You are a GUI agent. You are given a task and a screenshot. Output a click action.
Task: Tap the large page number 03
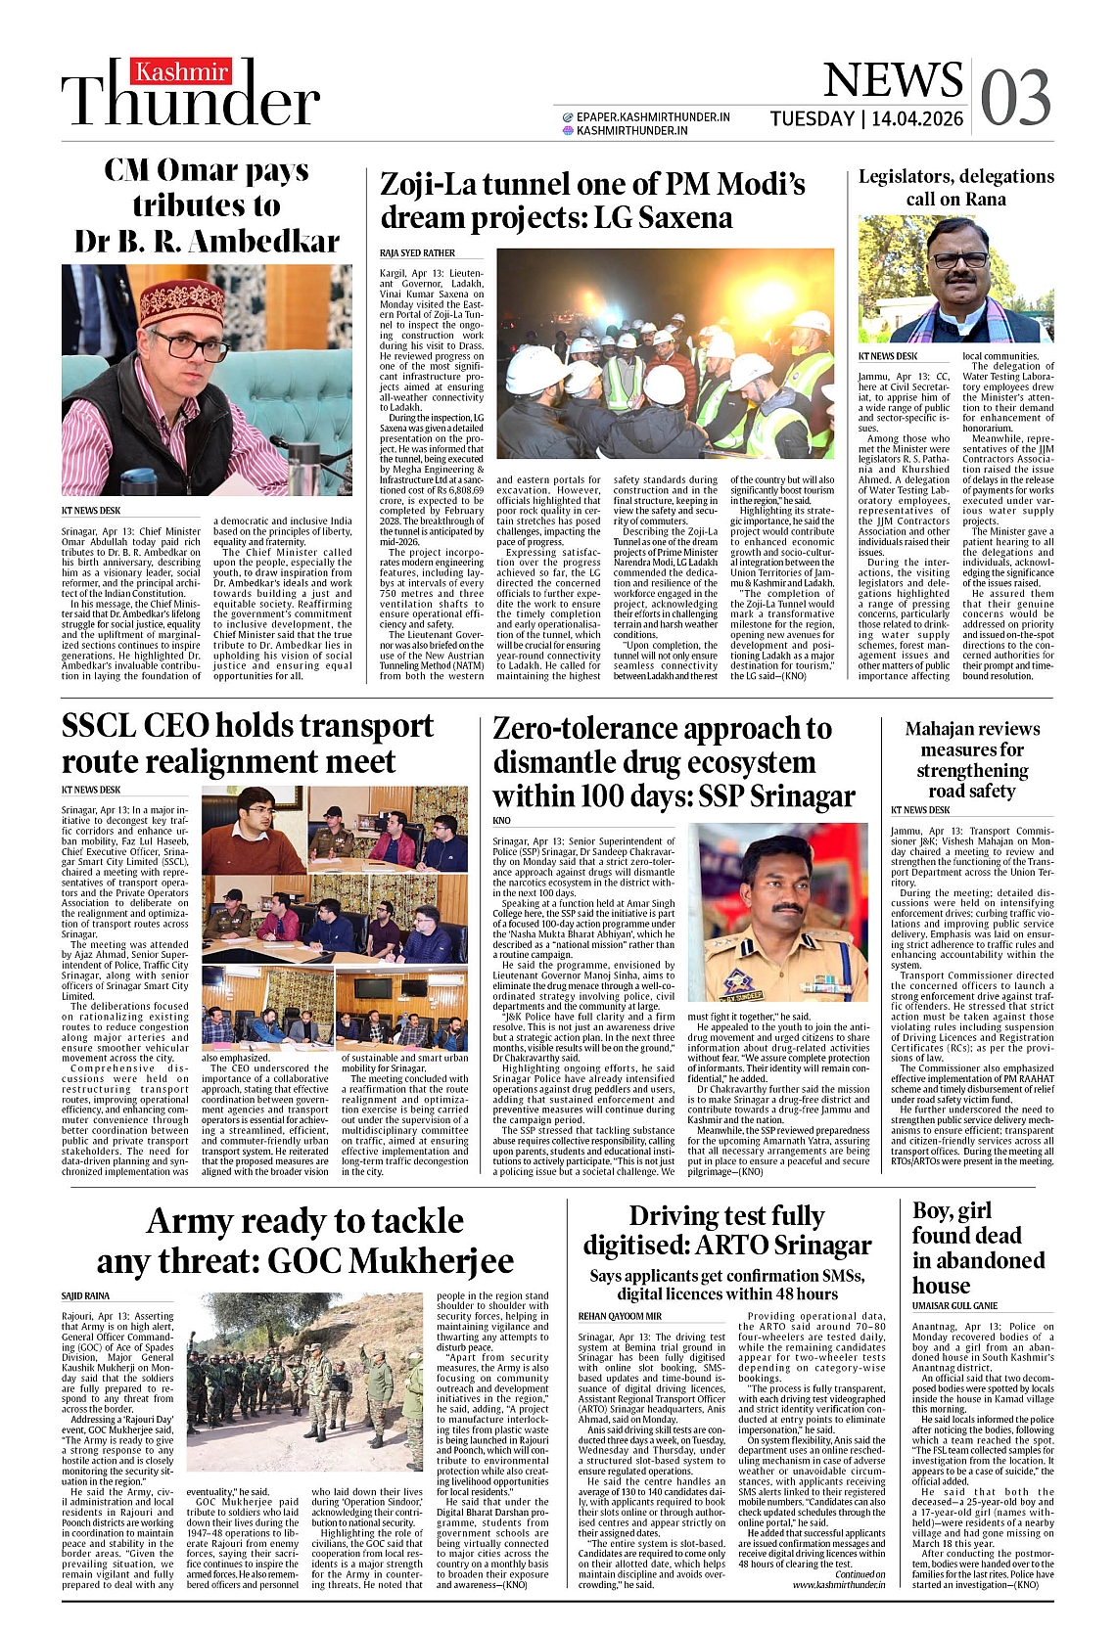tap(1015, 97)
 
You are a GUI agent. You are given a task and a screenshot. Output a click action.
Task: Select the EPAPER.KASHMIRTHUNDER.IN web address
tap(653, 116)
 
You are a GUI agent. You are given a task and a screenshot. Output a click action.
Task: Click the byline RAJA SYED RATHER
tap(417, 253)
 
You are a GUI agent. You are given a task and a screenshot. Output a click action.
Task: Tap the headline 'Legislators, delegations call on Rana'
tap(955, 187)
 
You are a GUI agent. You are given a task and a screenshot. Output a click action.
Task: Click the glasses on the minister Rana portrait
tap(959, 260)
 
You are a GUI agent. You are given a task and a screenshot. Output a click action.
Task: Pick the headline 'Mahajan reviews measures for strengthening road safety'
tap(972, 759)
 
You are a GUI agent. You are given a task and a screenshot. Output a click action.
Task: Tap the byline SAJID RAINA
tap(86, 1295)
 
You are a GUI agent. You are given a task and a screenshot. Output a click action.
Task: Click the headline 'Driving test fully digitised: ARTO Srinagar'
tap(726, 1230)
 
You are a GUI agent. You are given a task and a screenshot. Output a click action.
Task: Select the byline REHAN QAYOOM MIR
tap(620, 1316)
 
